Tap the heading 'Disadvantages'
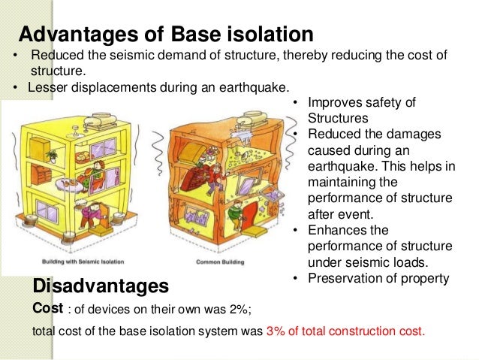[x=101, y=286]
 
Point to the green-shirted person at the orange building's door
[x=236, y=217]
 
